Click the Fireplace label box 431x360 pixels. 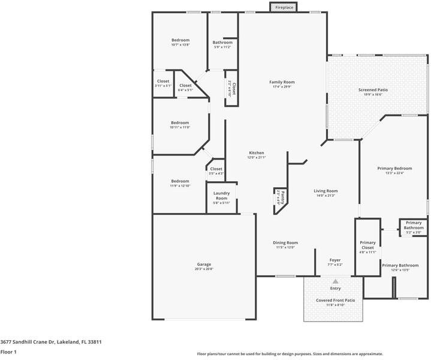(x=284, y=7)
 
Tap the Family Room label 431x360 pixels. (x=282, y=82)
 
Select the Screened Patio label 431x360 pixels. (x=373, y=90)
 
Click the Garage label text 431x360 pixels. (x=204, y=264)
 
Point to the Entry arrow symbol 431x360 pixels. (x=336, y=281)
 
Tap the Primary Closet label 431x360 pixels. (x=367, y=245)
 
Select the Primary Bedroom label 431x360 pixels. (x=394, y=169)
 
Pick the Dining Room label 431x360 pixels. (x=285, y=242)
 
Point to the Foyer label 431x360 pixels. (x=334, y=260)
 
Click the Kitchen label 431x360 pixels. (x=257, y=153)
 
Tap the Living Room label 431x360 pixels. (x=325, y=191)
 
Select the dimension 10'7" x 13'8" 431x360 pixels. (x=180, y=45)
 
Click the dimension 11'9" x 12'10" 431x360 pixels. (x=180, y=186)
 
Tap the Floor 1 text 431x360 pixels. (x=8, y=352)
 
